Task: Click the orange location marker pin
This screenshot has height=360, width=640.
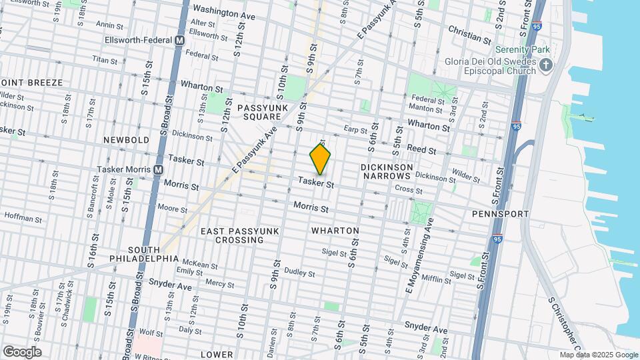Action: pyautogui.click(x=320, y=159)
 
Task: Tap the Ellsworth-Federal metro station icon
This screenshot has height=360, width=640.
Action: pyautogui.click(x=179, y=40)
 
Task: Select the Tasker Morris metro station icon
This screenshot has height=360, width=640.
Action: pyautogui.click(x=158, y=169)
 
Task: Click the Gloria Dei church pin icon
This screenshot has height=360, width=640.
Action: pyautogui.click(x=547, y=65)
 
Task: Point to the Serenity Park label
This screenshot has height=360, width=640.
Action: pyautogui.click(x=522, y=50)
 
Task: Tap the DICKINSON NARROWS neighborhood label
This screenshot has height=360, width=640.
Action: pyautogui.click(x=386, y=171)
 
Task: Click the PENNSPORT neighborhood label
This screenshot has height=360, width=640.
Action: pyautogui.click(x=500, y=214)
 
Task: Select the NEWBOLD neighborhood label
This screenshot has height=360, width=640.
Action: pyautogui.click(x=127, y=141)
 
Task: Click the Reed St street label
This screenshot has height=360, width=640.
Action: pyautogui.click(x=421, y=151)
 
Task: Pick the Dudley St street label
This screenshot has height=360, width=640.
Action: pyautogui.click(x=299, y=272)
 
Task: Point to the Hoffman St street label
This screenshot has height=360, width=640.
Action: pyautogui.click(x=23, y=216)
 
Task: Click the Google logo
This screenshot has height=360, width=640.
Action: pyautogui.click(x=22, y=352)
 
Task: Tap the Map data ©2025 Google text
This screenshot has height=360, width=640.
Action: pyautogui.click(x=599, y=355)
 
